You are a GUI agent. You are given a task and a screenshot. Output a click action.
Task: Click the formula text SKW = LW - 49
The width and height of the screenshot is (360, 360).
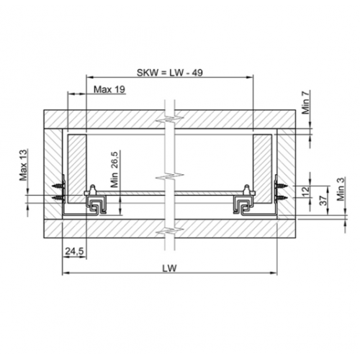[x=170, y=73]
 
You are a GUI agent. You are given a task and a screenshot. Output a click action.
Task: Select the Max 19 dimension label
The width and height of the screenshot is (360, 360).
[x=110, y=89]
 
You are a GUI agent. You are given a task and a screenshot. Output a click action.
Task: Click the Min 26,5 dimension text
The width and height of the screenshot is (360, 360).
[x=114, y=169]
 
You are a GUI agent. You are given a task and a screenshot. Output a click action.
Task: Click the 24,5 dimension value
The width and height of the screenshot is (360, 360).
[x=73, y=251]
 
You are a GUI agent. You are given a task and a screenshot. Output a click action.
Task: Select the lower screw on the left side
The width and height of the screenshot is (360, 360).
[x=58, y=196]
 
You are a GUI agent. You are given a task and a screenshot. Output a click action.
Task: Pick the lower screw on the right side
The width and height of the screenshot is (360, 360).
[x=284, y=196]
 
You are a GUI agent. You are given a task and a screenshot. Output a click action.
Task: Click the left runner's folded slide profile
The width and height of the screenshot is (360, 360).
[x=96, y=206]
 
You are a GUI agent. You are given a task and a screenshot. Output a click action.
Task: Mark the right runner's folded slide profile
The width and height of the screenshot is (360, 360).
[x=245, y=206]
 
